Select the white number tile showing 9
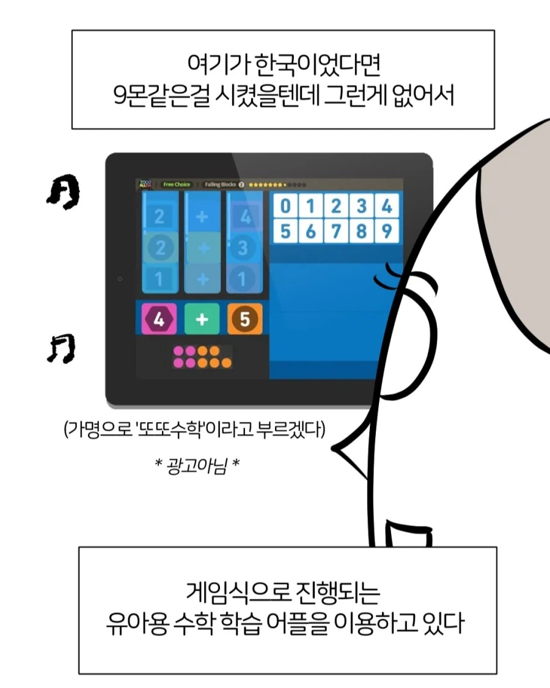click(x=386, y=232)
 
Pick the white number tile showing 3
click(x=361, y=206)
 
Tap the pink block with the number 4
click(x=158, y=319)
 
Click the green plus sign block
click(x=202, y=319)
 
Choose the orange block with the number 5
click(x=244, y=319)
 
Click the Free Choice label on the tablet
click(x=176, y=184)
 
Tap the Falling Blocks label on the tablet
click(x=220, y=184)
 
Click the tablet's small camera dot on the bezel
click(x=120, y=279)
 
